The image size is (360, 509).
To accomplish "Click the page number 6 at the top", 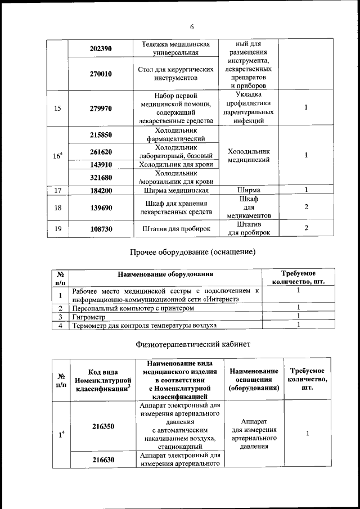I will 191,27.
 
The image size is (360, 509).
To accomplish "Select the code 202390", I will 101,49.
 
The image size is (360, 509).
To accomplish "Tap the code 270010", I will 101,74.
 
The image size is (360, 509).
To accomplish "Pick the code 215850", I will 101,135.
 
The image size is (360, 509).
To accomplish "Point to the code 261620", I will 101,152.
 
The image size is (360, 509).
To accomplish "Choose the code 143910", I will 101,165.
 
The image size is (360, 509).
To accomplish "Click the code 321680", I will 101,178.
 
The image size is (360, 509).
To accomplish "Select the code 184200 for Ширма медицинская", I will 101,191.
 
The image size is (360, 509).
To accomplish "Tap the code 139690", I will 101,208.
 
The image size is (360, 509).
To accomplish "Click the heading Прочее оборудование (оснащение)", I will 193,252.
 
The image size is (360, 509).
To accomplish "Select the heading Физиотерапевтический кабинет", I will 193,344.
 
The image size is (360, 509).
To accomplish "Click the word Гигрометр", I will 89,317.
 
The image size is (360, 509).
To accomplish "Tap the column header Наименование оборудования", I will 165,274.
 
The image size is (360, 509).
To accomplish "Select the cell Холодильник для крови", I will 175,165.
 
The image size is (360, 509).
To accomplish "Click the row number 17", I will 57,191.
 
